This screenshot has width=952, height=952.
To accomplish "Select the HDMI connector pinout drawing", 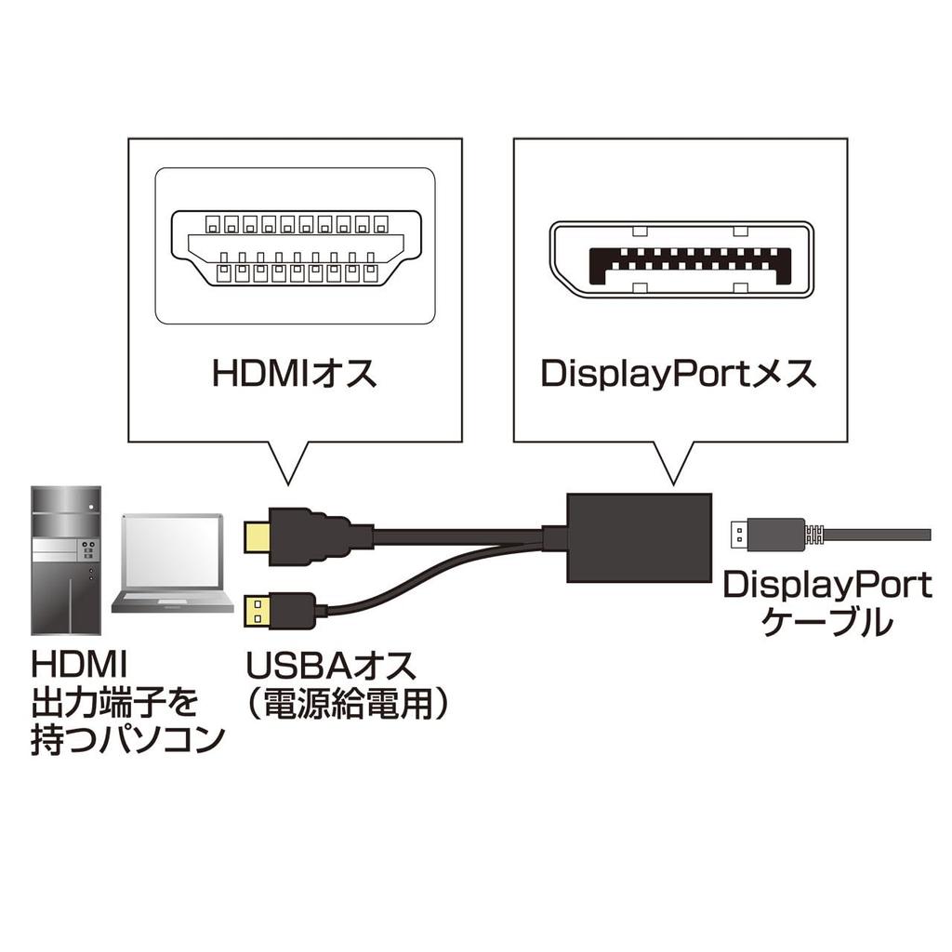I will point(294,247).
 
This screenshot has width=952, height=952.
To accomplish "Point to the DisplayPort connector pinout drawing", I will point(680,259).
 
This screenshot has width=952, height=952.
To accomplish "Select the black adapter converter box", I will point(638,537).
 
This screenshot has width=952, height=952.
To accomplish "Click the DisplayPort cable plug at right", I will point(766,534).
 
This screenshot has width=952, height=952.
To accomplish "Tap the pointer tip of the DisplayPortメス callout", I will point(674,483).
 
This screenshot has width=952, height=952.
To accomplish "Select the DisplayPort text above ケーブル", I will point(826,585).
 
